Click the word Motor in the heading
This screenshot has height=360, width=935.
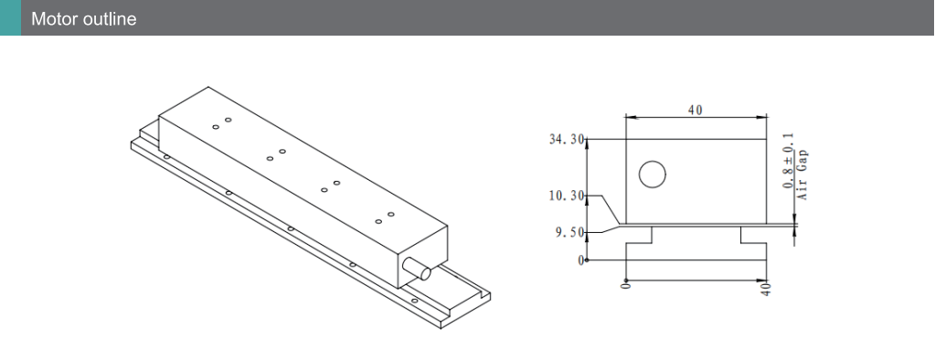[53, 19]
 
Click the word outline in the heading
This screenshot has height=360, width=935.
[109, 19]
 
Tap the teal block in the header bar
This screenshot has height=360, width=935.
[10, 18]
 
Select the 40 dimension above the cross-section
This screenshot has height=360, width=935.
[696, 111]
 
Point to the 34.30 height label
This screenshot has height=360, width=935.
[568, 140]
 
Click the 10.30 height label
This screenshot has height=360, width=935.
[568, 196]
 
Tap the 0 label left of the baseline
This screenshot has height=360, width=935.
[581, 260]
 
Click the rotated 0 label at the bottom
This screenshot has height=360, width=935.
[625, 287]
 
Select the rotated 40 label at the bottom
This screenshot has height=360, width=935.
[767, 289]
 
